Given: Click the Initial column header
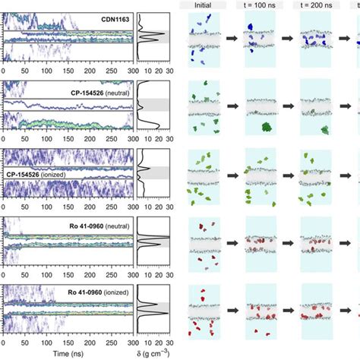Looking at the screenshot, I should coord(201,5).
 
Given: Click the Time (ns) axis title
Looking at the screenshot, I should coord(68,355).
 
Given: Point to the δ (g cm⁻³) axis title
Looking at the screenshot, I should coord(156,355).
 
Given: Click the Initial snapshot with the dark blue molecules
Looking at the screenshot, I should coord(201,38).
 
